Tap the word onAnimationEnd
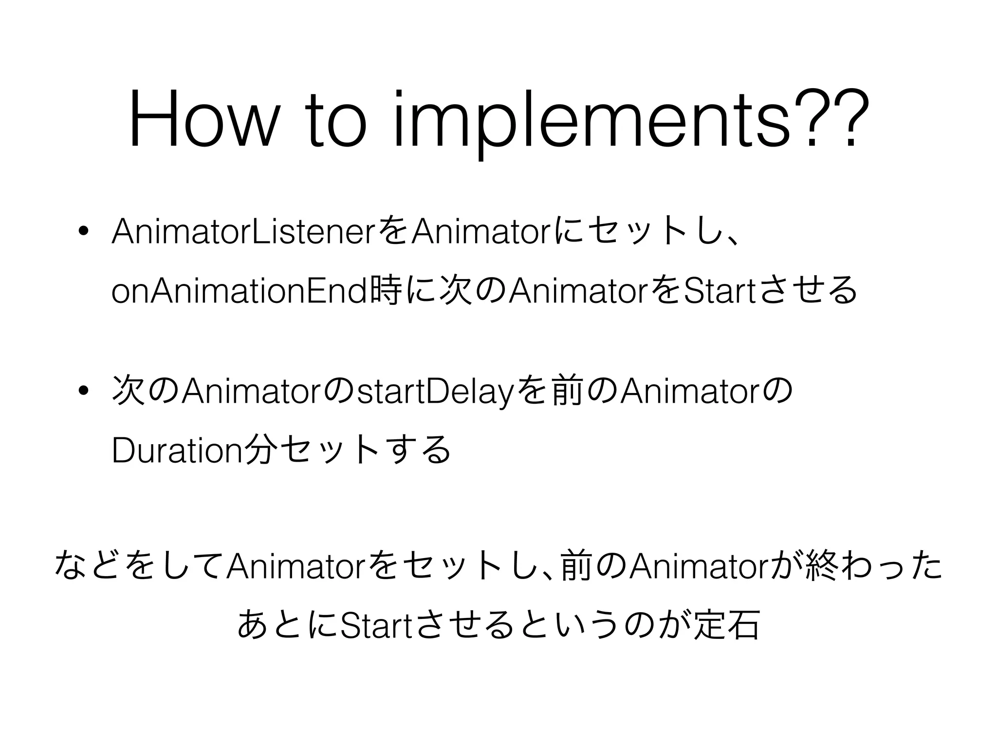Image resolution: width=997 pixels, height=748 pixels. pyautogui.click(x=239, y=291)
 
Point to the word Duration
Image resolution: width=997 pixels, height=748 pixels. pyautogui.click(x=176, y=450)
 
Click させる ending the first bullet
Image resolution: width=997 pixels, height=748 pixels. pyautogui.click(x=808, y=291)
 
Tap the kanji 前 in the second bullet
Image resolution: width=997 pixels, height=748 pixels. pyautogui.click(x=567, y=391)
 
